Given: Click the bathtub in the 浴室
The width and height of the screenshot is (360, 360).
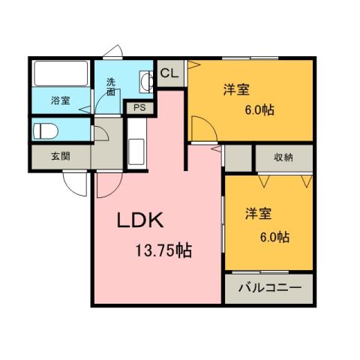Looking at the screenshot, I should (60, 76).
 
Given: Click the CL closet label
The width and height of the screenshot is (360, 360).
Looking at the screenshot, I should (169, 73).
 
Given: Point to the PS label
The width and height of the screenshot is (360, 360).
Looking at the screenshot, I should (139, 107).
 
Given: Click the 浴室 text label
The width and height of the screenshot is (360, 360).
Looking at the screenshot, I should (60, 100).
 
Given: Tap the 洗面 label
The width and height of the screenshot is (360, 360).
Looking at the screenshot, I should (111, 86).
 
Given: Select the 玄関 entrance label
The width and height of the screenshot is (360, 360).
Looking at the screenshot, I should (60, 157).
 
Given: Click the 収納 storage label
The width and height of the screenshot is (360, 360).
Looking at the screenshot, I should (283, 157).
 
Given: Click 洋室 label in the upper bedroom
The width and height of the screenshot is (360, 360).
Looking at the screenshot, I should (236, 90).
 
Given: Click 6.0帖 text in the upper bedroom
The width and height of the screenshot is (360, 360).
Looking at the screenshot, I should (259, 110).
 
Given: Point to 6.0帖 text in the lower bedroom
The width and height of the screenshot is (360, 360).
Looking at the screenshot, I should (274, 238).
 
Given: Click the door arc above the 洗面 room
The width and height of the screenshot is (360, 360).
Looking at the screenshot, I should (113, 52).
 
